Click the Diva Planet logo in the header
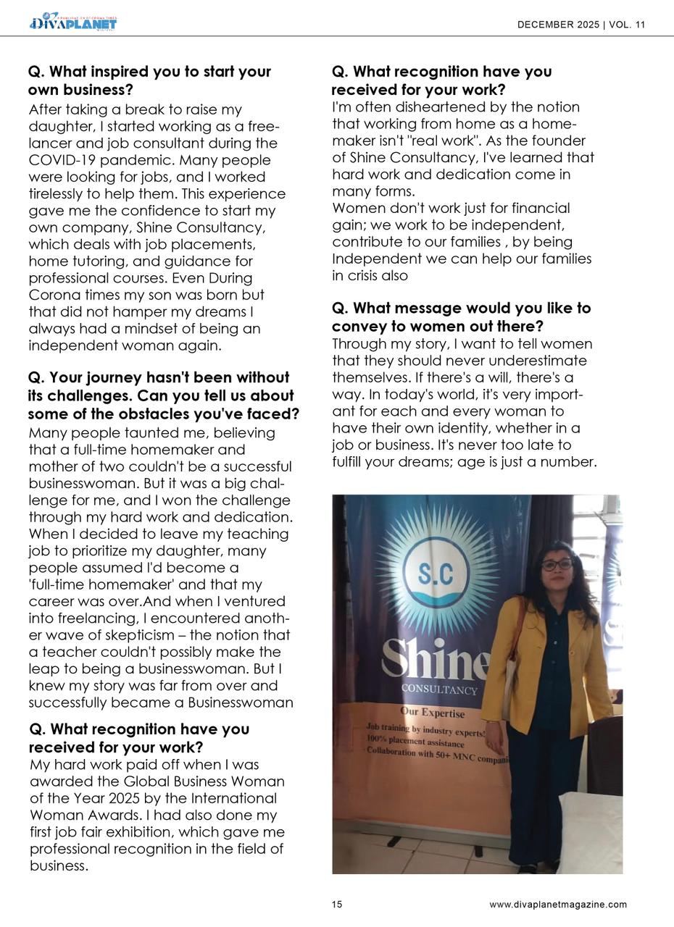coord(73,22)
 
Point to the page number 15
coord(337,905)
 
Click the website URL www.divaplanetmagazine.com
coord(558,905)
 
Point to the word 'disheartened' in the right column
coord(400,107)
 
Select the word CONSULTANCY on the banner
coord(439,690)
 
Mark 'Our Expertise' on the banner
coord(433,713)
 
